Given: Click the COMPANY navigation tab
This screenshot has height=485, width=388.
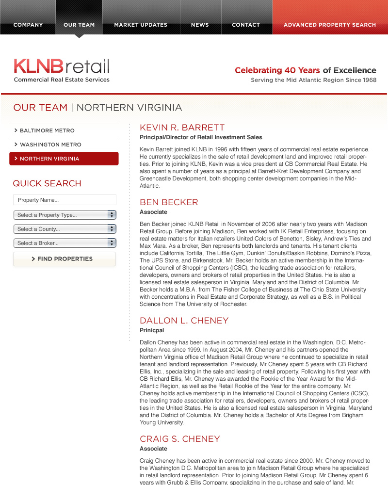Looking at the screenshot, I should (28, 25).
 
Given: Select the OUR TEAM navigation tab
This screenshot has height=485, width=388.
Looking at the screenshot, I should (79, 25).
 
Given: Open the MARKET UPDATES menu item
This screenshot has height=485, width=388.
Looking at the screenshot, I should (141, 25).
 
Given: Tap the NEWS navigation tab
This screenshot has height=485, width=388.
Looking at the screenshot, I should (200, 25).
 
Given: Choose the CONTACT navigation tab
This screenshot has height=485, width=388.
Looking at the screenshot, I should (246, 25).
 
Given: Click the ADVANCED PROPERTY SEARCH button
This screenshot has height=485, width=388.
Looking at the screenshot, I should (330, 25).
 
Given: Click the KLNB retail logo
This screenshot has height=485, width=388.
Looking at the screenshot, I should (62, 70).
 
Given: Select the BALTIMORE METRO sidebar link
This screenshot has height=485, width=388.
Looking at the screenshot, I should (47, 130).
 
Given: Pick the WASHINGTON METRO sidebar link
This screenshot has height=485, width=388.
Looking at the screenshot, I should (50, 145).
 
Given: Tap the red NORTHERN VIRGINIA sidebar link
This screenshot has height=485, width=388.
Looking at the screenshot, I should (64, 159).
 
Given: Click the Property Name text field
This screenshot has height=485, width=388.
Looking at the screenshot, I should (65, 200).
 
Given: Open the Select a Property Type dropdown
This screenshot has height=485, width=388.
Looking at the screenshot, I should (65, 215).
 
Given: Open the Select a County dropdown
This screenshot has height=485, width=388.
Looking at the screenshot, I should (65, 229).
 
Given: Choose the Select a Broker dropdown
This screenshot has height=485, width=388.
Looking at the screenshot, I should (65, 243).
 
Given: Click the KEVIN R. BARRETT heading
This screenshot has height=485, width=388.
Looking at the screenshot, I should (182, 128).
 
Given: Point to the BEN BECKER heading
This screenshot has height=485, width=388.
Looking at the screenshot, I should (169, 202).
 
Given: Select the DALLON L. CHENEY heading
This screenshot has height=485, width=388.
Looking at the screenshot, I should (184, 321).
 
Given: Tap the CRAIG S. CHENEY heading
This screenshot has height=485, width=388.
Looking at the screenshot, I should (179, 439).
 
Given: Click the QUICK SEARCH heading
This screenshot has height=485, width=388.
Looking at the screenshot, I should (47, 183).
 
